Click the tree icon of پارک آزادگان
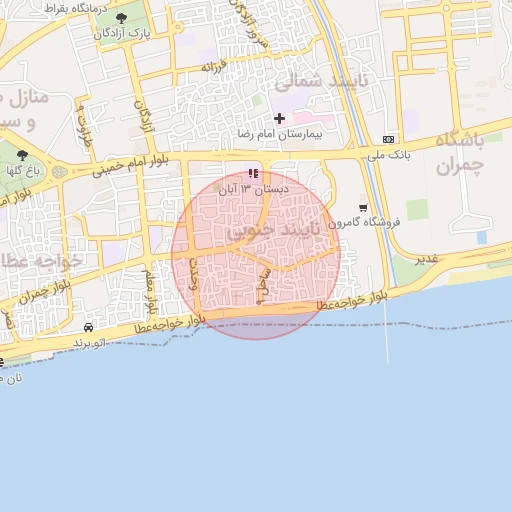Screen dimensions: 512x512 [122, 18]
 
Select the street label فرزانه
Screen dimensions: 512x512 [215, 66]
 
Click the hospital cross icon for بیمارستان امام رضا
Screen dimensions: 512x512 [279, 119]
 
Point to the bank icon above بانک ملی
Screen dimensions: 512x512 [388, 139]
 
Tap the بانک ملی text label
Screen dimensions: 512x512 [388, 155]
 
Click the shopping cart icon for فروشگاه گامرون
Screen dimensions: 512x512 [363, 208]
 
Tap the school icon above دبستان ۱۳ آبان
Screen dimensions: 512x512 [253, 173]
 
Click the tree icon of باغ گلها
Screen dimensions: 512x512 [22, 155]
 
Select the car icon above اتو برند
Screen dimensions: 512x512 [89, 328]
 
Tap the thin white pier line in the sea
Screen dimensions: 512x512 [386, 330]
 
